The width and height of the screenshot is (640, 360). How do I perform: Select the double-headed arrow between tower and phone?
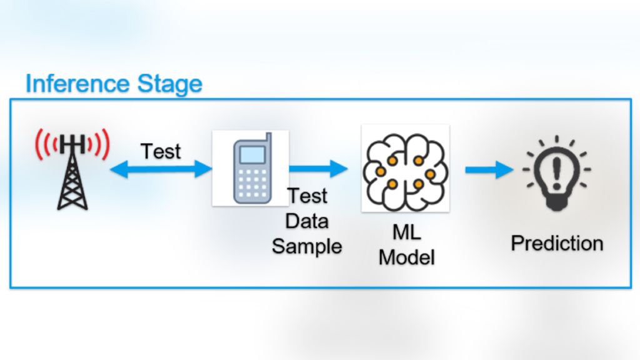point(161,168)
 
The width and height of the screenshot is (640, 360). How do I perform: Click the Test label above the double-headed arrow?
point(161,151)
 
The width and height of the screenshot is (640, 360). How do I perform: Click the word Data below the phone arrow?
point(307,221)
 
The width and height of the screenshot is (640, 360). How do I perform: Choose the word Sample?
point(307,246)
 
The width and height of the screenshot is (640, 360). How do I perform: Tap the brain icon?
point(405,167)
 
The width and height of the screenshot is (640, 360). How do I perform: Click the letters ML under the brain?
point(406,233)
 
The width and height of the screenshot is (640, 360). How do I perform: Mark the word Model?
point(406,257)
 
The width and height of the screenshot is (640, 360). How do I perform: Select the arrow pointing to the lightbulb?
point(489,169)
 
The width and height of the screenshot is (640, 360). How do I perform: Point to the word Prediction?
point(557,243)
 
